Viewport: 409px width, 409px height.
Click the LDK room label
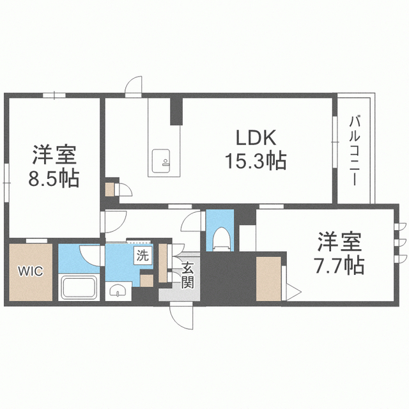pyautogui.click(x=256, y=137)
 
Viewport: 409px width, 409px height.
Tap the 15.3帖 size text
pyautogui.click(x=256, y=160)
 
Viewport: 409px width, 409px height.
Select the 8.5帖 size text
pyautogui.click(x=54, y=178)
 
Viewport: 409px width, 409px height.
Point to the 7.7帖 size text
pyautogui.click(x=339, y=265)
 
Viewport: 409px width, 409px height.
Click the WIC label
pyautogui.click(x=31, y=271)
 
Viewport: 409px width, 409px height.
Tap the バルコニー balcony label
pyautogui.click(x=354, y=151)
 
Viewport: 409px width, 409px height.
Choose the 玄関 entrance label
pyautogui.click(x=188, y=275)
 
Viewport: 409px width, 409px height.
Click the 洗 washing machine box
pyautogui.click(x=143, y=256)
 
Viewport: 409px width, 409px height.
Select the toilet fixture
pyautogui.click(x=221, y=238)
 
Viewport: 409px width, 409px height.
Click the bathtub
pyautogui.click(x=79, y=287)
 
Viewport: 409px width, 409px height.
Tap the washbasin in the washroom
pyautogui.click(x=118, y=290)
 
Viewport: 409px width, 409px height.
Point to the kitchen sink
pyautogui.click(x=161, y=160)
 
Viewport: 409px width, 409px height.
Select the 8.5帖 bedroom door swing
pyautogui.click(x=114, y=222)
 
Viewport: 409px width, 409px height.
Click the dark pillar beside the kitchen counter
pyautogui.click(x=176, y=111)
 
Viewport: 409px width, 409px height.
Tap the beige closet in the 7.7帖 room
pyautogui.click(x=268, y=279)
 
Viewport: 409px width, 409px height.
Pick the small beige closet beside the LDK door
pyautogui.click(x=110, y=189)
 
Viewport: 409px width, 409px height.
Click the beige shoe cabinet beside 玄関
pyautogui.click(x=163, y=263)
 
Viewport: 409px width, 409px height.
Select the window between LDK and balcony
pyautogui.click(x=335, y=142)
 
